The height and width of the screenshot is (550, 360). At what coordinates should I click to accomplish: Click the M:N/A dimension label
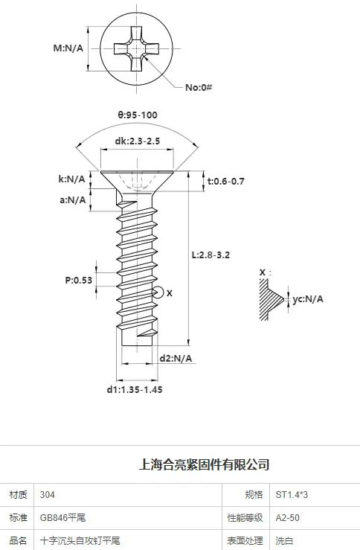point(68,48)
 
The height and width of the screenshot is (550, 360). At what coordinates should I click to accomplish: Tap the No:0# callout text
point(199,87)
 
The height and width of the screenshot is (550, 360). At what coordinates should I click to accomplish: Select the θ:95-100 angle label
point(138,115)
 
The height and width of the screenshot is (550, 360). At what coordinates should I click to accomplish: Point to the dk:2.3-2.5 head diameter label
point(138,141)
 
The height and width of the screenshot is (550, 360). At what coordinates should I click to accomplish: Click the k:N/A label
point(72,179)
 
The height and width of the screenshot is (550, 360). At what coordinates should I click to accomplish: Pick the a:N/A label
point(73,200)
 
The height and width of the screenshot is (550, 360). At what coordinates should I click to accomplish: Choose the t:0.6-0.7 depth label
point(226,182)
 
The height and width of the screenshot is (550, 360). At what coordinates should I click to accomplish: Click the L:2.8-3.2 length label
point(210,255)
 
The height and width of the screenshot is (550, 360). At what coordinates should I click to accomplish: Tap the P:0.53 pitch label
point(79,281)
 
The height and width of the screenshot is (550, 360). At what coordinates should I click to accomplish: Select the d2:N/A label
point(176,359)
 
